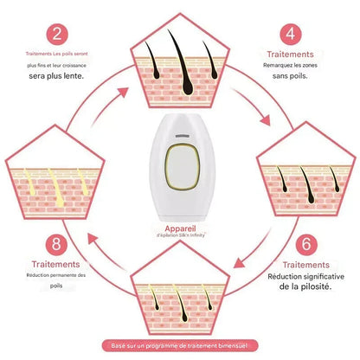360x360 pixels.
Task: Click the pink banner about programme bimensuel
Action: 180,344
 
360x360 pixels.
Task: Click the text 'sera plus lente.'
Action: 57,76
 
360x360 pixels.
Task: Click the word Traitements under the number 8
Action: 56,264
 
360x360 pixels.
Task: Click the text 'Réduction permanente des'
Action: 56,276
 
